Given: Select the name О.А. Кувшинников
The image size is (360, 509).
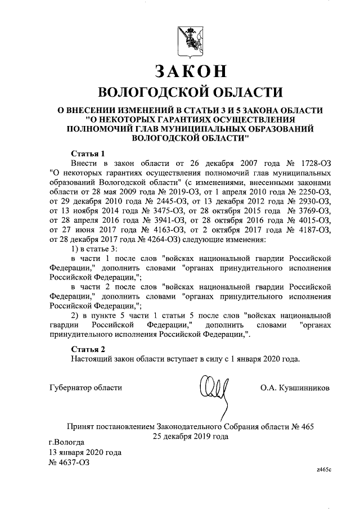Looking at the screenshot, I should [295, 388].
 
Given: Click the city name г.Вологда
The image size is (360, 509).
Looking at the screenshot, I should [67, 442].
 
